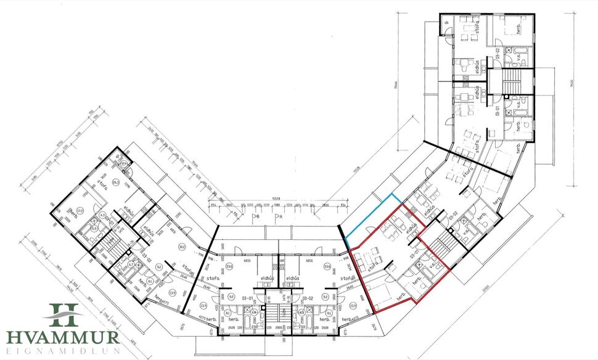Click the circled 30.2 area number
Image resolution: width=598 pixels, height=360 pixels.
coord(182,247)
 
